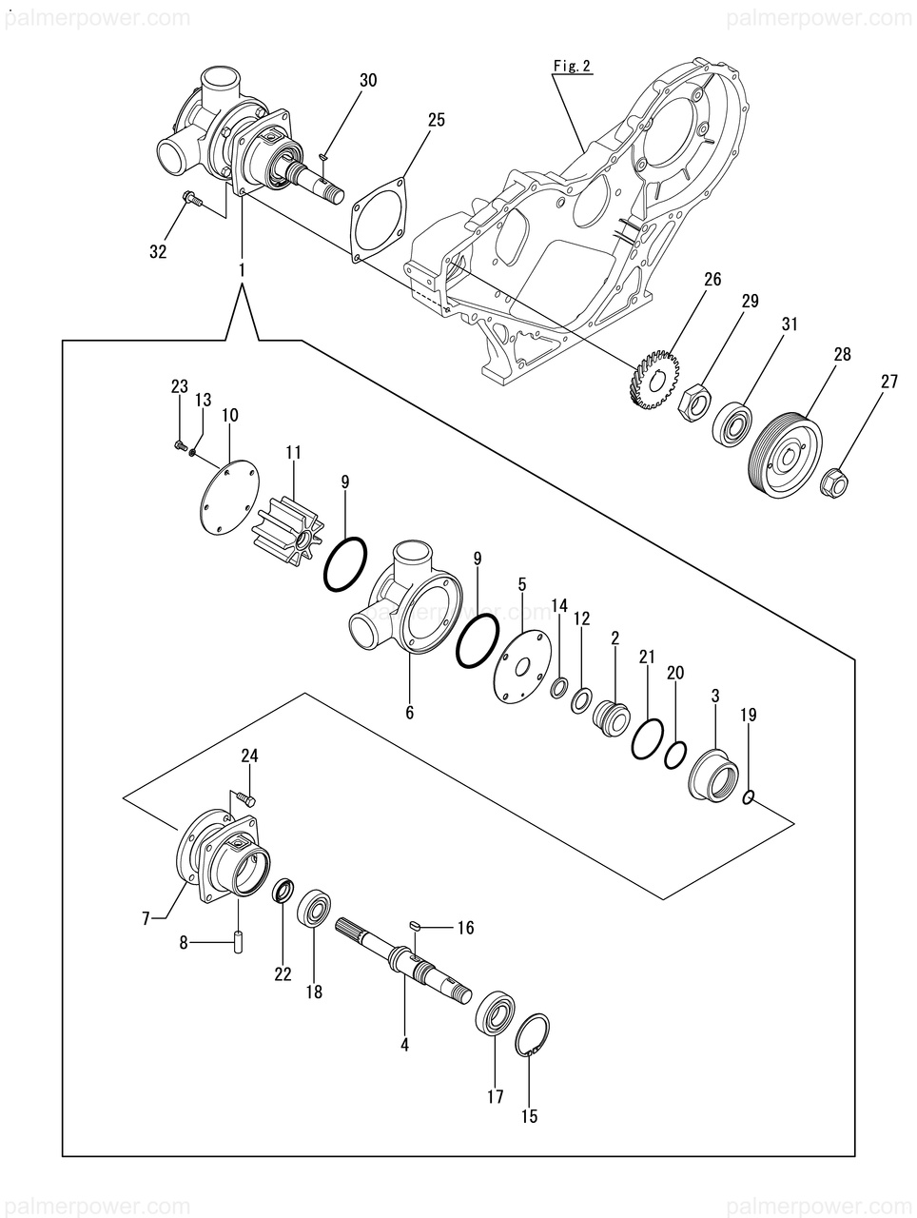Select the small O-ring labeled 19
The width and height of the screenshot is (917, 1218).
point(748,798)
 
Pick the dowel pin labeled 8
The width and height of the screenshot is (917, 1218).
point(238,941)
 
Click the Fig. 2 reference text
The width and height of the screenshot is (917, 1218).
point(572,67)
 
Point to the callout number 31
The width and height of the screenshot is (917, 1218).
point(789,324)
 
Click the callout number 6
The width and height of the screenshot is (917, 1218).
point(409,713)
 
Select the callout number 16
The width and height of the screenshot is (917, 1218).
point(465,928)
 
